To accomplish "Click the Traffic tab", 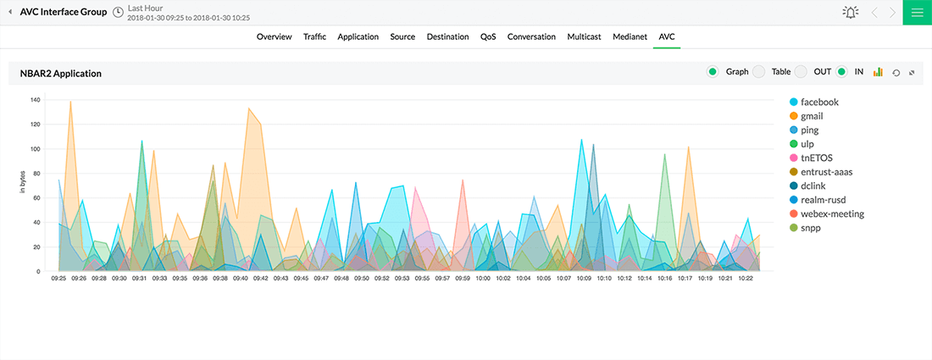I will click(314, 37).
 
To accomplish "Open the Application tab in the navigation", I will click(358, 37).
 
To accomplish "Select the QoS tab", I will click(488, 37).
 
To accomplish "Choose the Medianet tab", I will click(630, 37).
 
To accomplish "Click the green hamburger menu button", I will click(917, 12).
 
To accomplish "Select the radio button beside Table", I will click(759, 72).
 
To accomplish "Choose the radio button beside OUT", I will click(801, 72).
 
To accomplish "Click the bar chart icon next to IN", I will click(878, 72).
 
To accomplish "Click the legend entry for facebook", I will click(818, 102).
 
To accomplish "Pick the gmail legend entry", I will click(811, 116).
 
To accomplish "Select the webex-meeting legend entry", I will click(832, 213).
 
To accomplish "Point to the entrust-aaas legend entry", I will click(826, 172).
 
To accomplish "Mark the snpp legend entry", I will click(810, 228).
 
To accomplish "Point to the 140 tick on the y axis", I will click(35, 100).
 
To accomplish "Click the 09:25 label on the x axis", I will click(58, 278).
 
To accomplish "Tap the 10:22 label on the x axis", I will click(746, 278).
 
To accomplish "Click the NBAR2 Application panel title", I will click(61, 74).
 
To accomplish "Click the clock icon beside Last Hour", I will click(118, 12).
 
